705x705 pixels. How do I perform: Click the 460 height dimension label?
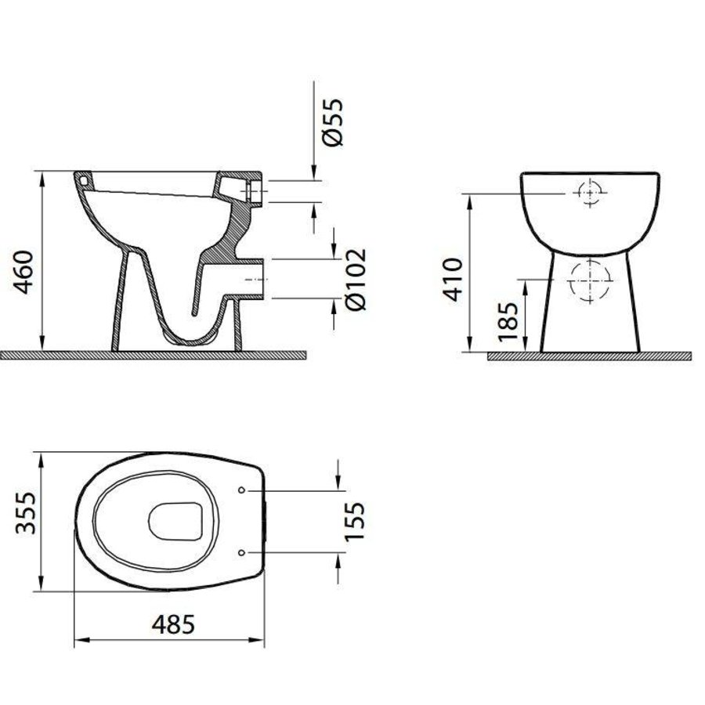[23, 272]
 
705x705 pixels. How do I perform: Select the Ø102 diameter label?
[355, 279]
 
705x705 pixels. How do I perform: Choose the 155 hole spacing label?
[356, 520]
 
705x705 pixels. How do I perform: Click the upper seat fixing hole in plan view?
[241, 490]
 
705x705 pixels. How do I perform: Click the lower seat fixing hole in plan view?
[241, 551]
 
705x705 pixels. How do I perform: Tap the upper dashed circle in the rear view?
[587, 193]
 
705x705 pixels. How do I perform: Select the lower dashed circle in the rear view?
[587, 279]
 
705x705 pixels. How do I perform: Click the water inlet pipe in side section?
[251, 190]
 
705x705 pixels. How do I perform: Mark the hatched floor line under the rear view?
[591, 356]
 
